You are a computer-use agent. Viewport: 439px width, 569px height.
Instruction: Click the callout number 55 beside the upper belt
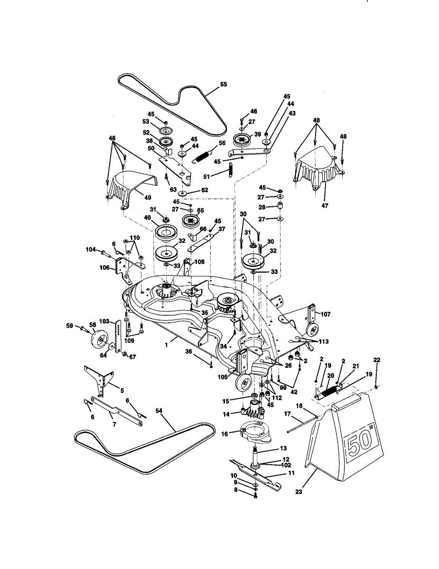tap(224, 84)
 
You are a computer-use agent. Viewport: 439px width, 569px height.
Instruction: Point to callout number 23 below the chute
tap(299, 492)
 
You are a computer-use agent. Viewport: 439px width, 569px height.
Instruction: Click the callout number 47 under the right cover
tap(325, 206)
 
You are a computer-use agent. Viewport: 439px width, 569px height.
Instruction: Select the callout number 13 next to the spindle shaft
tap(283, 448)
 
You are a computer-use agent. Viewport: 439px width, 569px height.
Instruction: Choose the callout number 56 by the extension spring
tap(222, 143)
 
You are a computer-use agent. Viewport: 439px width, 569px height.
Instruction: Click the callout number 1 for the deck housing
tap(167, 346)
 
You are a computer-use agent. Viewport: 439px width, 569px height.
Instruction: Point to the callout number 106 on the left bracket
tap(104, 267)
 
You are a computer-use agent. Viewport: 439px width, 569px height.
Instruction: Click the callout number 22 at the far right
tap(377, 360)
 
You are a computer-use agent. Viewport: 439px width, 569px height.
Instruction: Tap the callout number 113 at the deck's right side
tap(324, 341)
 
